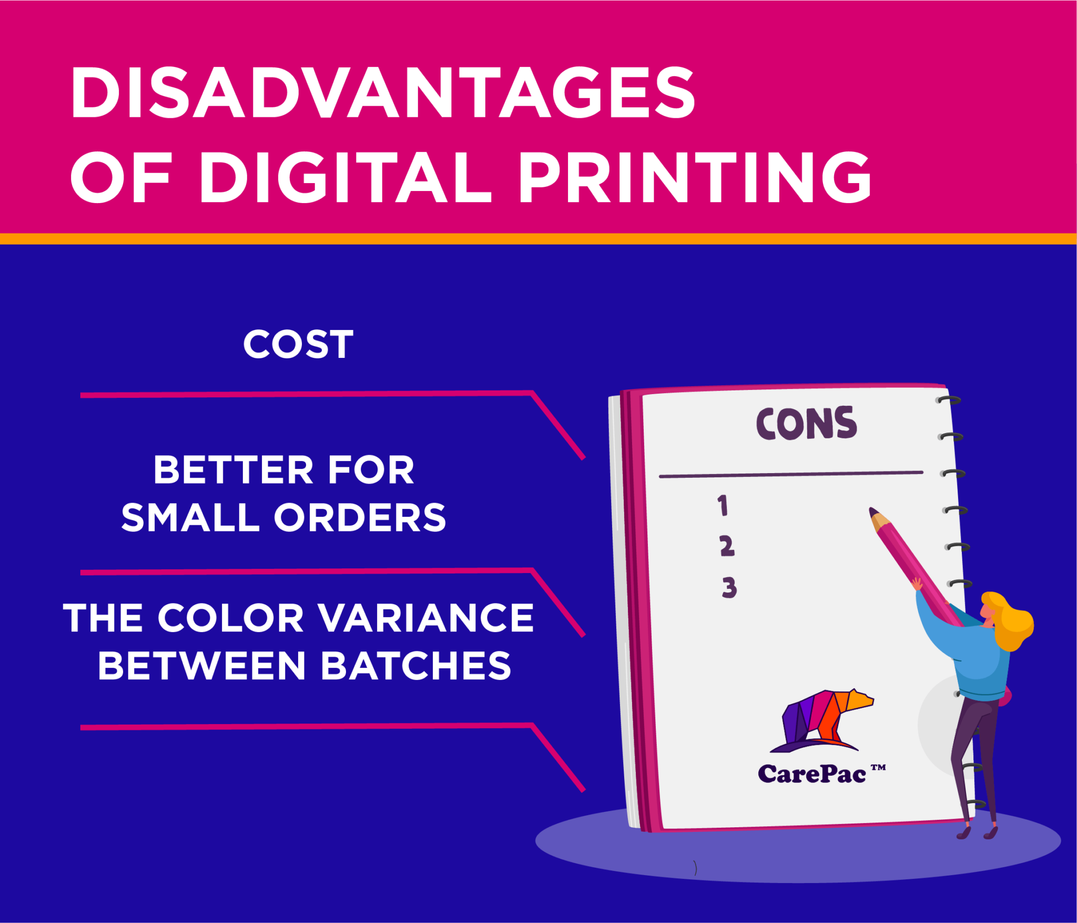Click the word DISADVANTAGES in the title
(x=383, y=93)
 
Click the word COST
(x=298, y=345)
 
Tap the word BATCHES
(x=415, y=666)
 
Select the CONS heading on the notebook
(x=806, y=423)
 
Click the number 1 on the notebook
(x=723, y=505)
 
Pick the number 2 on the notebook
(x=727, y=546)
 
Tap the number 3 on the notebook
(x=729, y=588)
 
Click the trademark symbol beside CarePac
(x=878, y=767)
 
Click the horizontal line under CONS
(x=791, y=475)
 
